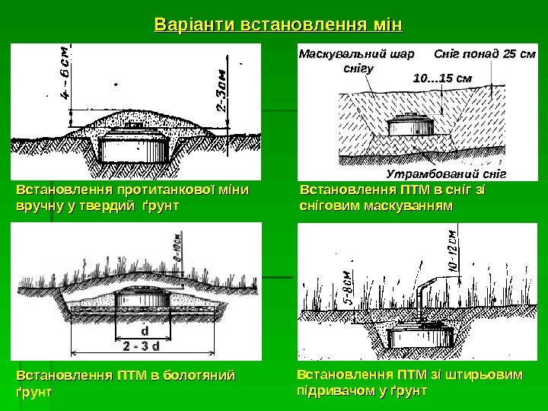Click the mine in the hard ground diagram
(135, 143)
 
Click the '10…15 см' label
(441, 78)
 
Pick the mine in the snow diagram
(411, 126)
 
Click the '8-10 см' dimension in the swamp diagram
(177, 248)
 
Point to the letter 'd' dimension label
(145, 331)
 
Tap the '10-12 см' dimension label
(452, 251)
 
